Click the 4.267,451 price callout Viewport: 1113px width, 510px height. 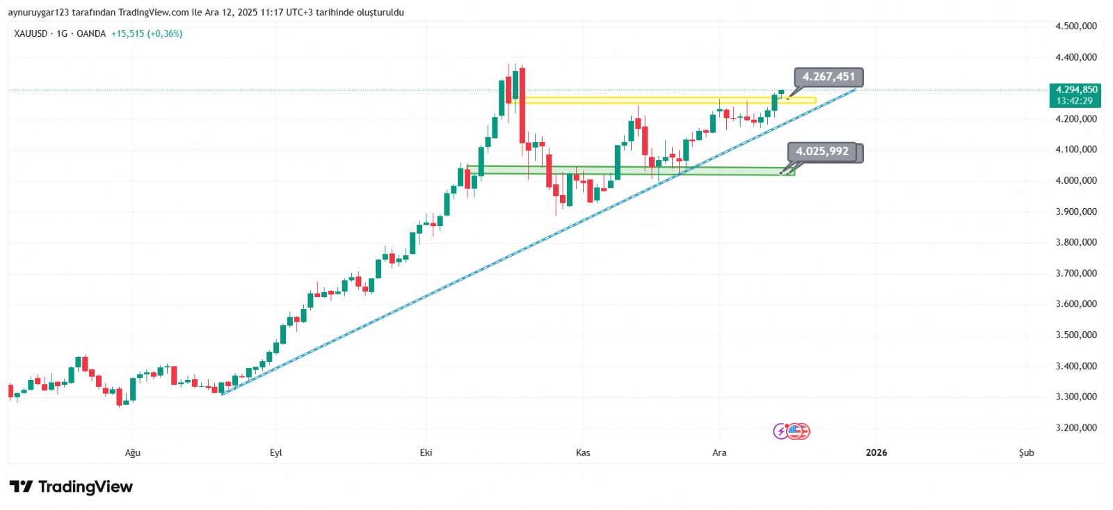pos(828,77)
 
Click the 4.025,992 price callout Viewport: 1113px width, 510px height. pos(822,152)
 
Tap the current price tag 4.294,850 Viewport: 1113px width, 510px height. pos(1076,90)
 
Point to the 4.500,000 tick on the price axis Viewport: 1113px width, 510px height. pos(1075,26)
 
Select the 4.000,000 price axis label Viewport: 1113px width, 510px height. pos(1075,180)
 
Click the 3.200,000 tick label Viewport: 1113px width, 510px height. pos(1075,428)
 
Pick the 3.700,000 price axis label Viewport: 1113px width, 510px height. pos(1075,273)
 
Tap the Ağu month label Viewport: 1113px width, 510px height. pos(132,453)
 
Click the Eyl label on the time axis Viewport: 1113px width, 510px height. pos(276,453)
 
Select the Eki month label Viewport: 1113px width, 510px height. pos(426,453)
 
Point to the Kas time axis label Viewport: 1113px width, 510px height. pos(583,453)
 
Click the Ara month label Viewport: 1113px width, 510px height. pos(719,453)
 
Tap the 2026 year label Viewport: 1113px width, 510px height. pos(876,453)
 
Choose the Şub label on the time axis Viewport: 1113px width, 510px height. pos(1026,453)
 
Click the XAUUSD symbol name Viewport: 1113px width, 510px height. pos(31,33)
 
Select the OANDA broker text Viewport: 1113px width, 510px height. pos(91,33)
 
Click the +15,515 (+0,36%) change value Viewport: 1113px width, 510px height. pos(147,33)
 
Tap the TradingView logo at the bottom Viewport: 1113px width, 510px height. pos(71,486)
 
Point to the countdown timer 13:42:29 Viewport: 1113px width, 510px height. pos(1074,101)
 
